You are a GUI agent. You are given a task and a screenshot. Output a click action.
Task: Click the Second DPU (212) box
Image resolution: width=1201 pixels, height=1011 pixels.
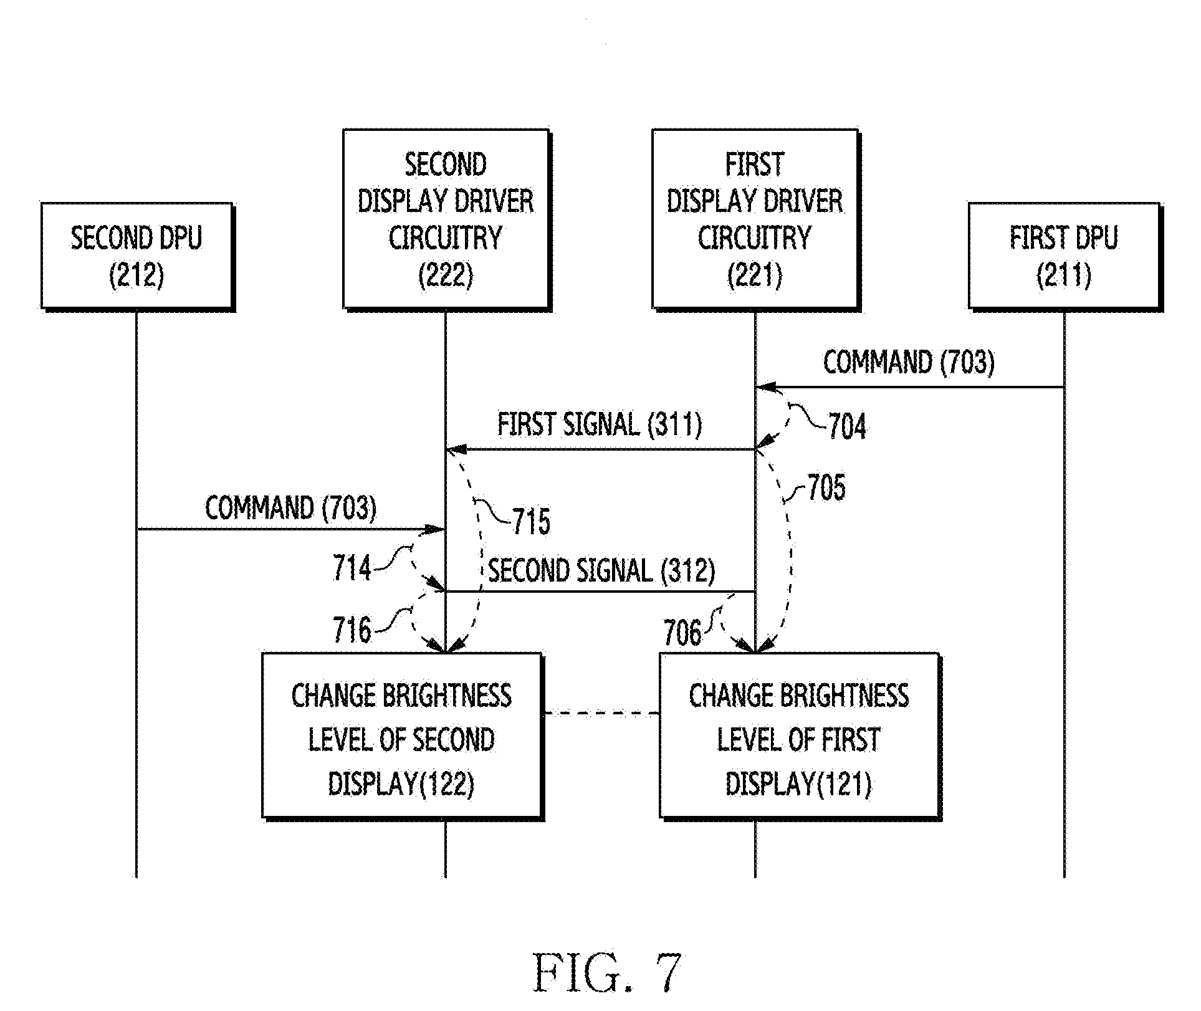[x=137, y=256]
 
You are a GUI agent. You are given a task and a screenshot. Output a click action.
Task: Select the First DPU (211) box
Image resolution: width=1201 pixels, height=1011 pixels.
[x=1065, y=256]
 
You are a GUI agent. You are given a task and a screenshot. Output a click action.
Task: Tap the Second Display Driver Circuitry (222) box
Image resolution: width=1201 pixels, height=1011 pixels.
[x=446, y=219]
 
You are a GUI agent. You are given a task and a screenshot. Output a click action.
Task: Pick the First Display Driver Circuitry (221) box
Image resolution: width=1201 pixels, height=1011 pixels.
[x=755, y=219]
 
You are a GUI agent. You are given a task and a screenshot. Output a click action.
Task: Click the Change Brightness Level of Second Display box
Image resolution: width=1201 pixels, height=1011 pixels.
[x=402, y=736]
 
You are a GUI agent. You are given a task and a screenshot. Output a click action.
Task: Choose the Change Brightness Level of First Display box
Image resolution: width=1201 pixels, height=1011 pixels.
[x=800, y=736]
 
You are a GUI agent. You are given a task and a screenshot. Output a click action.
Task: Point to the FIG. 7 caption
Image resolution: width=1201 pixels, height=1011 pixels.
[x=607, y=972]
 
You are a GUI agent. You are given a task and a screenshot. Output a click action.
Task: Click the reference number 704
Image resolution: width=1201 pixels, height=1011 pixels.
[x=847, y=428]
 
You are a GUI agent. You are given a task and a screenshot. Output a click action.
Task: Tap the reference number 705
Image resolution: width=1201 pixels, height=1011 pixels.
[x=826, y=488]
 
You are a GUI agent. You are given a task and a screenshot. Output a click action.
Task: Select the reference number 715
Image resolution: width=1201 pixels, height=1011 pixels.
[x=532, y=522]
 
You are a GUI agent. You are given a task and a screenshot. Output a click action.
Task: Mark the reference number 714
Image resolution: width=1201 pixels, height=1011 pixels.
[x=352, y=568]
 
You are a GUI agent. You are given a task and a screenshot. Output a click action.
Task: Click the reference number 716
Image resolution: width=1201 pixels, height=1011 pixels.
[x=352, y=630]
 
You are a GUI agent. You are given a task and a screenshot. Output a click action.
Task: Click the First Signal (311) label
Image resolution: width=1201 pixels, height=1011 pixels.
[x=600, y=425]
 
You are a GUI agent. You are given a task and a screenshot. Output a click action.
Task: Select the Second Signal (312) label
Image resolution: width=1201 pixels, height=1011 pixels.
[x=601, y=570]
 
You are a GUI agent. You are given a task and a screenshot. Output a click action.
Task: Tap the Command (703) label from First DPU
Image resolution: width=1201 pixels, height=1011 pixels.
[x=909, y=362]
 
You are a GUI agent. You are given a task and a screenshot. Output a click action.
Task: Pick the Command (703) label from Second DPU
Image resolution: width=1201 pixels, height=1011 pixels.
[x=291, y=508]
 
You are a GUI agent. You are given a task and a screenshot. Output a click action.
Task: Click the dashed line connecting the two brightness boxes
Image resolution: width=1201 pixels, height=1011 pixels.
[x=601, y=713]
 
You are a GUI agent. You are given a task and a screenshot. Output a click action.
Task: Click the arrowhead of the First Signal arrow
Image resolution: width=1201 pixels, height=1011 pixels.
[x=456, y=449]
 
